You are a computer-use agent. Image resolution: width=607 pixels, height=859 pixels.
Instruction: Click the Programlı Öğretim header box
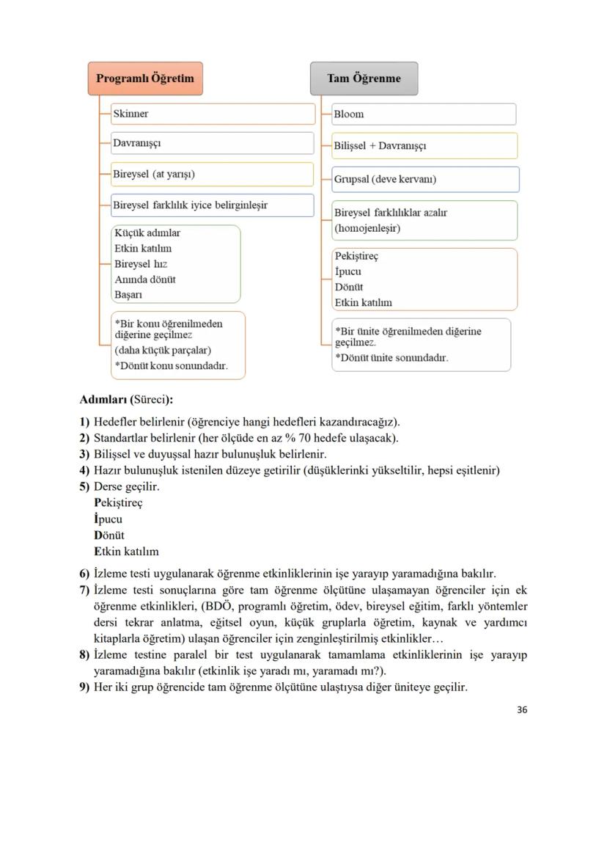pos(145,78)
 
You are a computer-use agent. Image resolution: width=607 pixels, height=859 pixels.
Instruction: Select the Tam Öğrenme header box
pos(364,78)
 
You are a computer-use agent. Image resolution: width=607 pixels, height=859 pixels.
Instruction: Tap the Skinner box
pos(213,114)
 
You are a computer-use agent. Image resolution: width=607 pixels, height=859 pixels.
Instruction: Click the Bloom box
pos(424,114)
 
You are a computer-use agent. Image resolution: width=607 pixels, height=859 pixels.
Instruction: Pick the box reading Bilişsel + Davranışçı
pos(424,145)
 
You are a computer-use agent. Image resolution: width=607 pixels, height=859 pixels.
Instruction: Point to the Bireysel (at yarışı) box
pos(213,175)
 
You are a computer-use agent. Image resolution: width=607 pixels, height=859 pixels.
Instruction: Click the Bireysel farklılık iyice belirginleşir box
pos(213,205)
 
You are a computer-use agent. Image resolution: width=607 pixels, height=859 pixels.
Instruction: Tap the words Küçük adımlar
pos(147,233)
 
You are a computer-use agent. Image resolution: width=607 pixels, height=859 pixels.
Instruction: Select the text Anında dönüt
pos(144,279)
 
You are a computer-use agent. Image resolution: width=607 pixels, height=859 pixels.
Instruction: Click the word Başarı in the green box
pos(128,295)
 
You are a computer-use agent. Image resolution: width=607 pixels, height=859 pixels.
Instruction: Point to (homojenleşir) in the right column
pos(367,228)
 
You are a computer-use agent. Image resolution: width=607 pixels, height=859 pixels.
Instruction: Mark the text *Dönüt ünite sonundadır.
pos(391,358)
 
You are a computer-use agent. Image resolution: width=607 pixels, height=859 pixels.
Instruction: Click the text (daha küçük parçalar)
pos(163,350)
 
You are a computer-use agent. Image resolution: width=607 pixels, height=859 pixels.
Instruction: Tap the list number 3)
pos(84,454)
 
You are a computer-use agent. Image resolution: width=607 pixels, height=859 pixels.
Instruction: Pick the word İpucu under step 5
pos(108,519)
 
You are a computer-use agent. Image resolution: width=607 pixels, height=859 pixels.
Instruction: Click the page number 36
pos(522,709)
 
